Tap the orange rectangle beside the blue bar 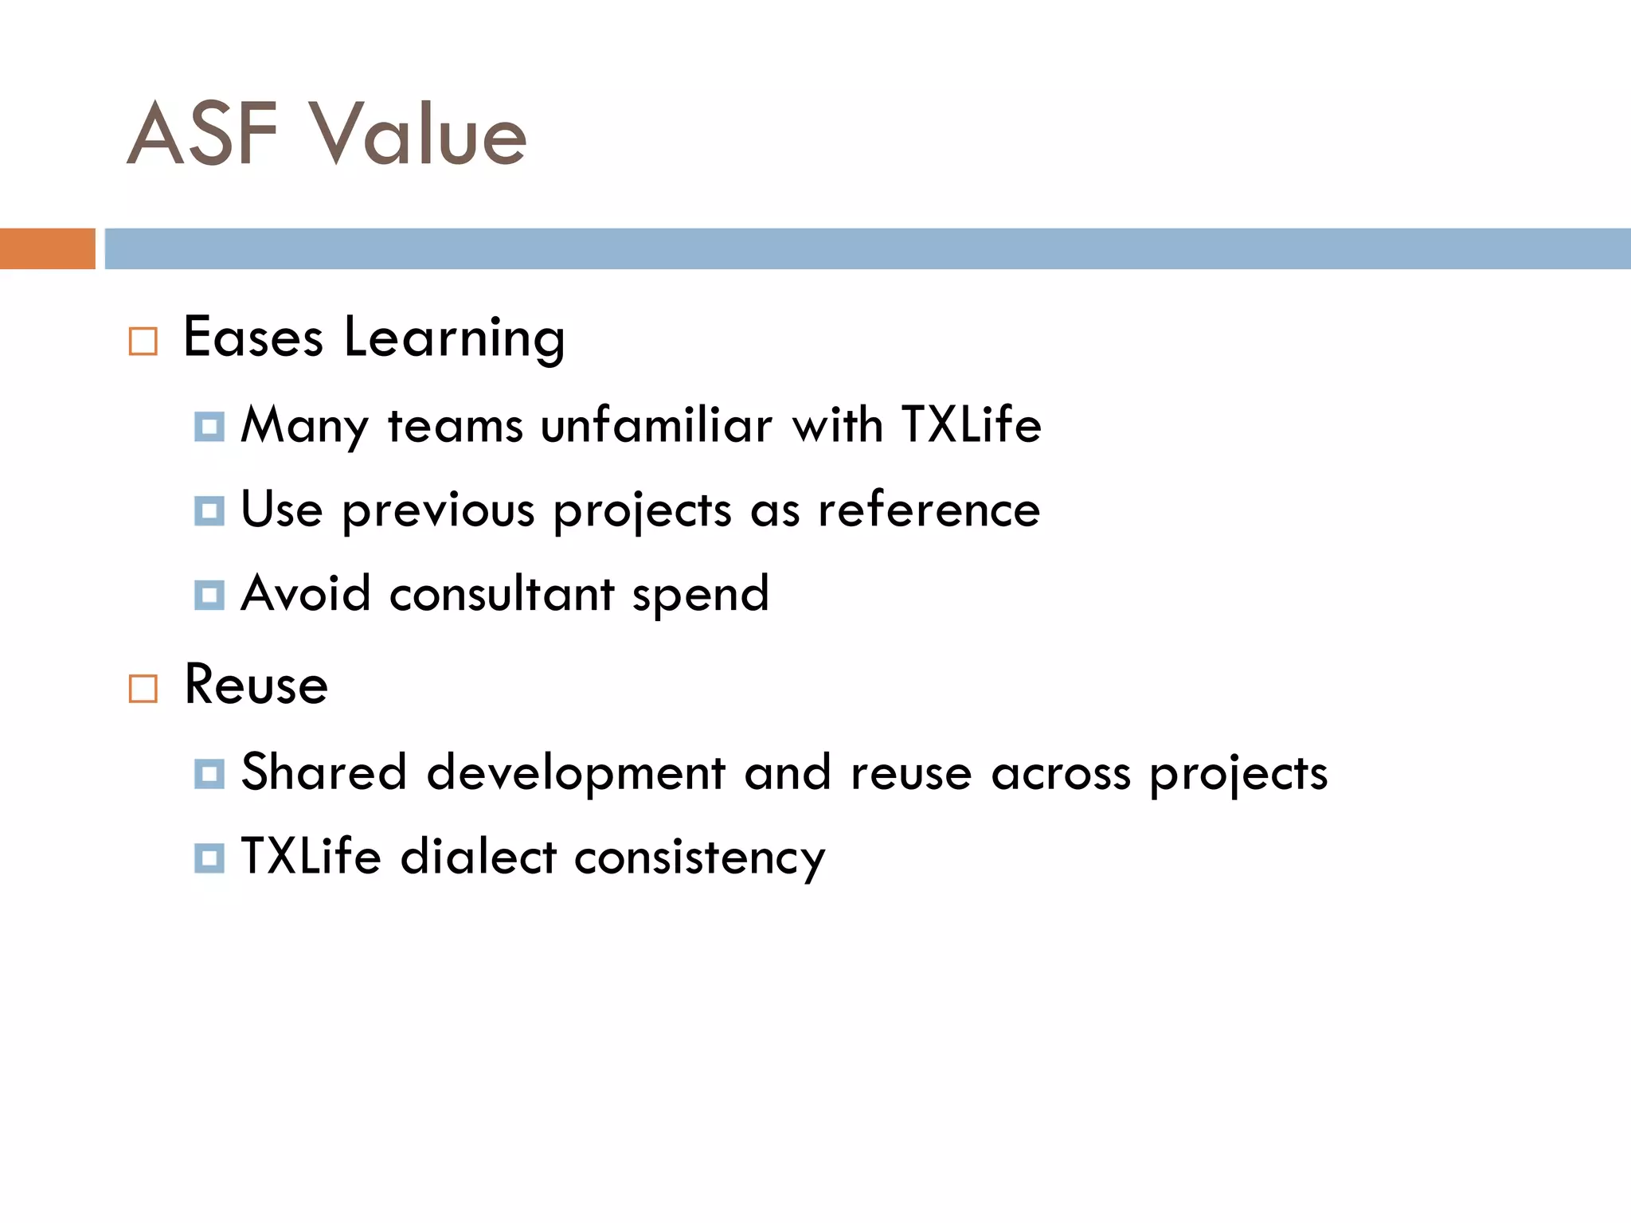pyautogui.click(x=48, y=248)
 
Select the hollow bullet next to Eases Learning pyautogui.click(x=143, y=341)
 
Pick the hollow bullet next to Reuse pyautogui.click(x=143, y=688)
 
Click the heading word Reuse pyautogui.click(x=256, y=685)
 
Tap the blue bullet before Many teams pyautogui.click(x=209, y=427)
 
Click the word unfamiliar pyautogui.click(x=656, y=425)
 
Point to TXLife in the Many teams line pyautogui.click(x=972, y=425)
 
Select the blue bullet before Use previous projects pyautogui.click(x=209, y=510)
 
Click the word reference pyautogui.click(x=929, y=510)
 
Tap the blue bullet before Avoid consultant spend pyautogui.click(x=209, y=595)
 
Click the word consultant pyautogui.click(x=502, y=594)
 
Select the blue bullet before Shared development pyautogui.click(x=209, y=773)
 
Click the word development pyautogui.click(x=576, y=773)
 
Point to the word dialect pyautogui.click(x=478, y=858)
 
